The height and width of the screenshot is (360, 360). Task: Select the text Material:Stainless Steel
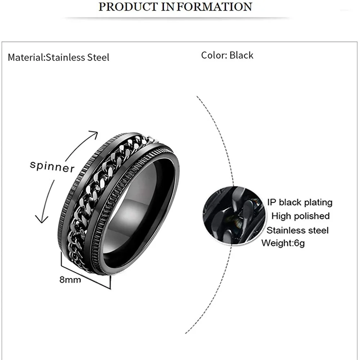coord(58,57)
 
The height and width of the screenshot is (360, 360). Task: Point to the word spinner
coord(52,166)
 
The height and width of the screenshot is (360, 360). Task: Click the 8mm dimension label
coord(70,279)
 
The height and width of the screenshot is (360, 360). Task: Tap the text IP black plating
coord(300,202)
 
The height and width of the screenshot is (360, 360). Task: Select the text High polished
coord(301,216)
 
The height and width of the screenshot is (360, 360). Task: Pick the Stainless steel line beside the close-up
coord(298,230)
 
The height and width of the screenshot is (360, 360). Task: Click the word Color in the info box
coord(213,55)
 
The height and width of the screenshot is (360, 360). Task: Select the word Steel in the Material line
coord(98,57)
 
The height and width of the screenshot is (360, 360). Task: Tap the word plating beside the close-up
coord(317,202)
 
